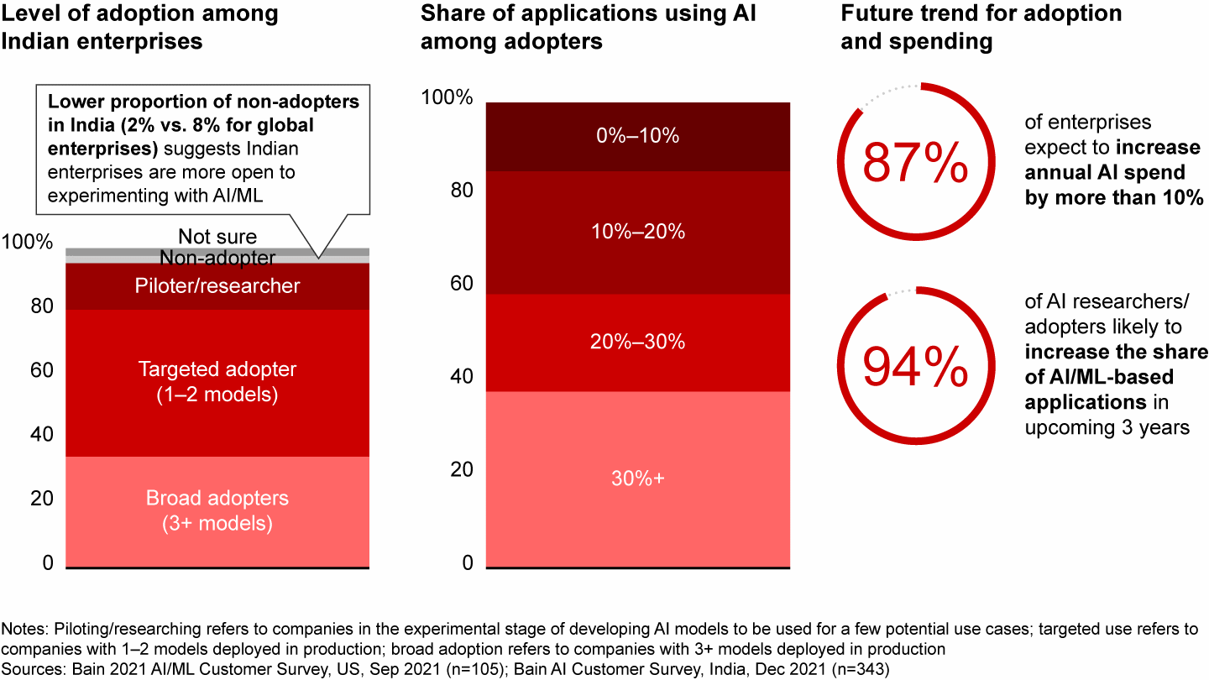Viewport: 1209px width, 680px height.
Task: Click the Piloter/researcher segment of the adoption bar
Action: coord(217,286)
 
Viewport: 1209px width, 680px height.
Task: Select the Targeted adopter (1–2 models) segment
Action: coord(217,383)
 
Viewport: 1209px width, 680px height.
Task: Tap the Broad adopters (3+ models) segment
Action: coord(217,510)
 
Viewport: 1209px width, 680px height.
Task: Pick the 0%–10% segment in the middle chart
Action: coord(639,136)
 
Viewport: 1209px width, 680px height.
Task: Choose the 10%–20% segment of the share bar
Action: coord(639,233)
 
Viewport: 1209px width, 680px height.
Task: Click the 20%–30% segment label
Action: coord(639,343)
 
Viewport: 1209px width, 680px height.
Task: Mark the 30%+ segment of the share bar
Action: coord(639,479)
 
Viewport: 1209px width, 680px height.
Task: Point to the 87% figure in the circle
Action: coord(915,163)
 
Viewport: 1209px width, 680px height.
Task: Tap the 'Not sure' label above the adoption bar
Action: coord(217,238)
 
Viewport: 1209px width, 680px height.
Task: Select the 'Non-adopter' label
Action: coord(217,259)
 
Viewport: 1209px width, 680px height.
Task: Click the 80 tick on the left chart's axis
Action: coord(42,307)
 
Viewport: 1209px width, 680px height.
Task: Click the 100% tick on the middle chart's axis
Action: coord(447,98)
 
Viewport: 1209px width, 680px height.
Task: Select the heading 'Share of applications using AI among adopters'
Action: coord(588,27)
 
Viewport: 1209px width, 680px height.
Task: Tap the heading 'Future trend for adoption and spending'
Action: coord(981,27)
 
